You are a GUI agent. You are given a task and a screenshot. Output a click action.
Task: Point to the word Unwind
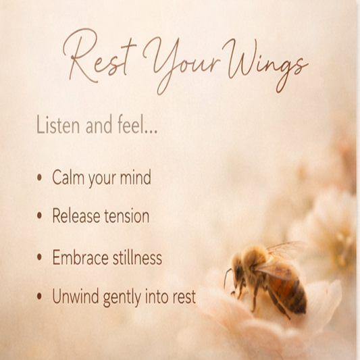coord(76,297)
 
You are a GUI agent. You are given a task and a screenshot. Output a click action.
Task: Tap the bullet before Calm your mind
coord(39,178)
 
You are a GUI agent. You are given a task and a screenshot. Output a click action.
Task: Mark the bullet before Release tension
coord(39,217)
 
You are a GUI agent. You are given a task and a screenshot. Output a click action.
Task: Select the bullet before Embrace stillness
coord(39,257)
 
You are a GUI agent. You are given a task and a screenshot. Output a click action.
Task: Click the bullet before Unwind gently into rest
coord(39,297)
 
